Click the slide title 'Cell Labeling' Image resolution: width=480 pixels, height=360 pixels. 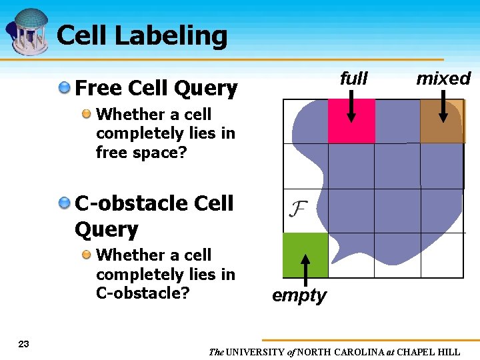(142, 36)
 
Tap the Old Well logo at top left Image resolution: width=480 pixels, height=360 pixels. (28, 32)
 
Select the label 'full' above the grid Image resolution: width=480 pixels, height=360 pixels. (353, 79)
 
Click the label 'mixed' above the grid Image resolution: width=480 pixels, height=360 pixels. (443, 79)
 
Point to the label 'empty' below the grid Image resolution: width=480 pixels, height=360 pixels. (299, 295)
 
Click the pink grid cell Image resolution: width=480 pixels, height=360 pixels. (351, 121)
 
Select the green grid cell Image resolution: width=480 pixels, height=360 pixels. (305, 255)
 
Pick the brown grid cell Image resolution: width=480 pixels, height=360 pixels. (442, 121)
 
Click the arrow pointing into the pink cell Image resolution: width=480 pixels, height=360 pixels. (351, 110)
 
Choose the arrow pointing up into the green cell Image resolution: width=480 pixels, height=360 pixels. (305, 270)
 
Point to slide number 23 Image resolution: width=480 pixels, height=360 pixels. (24, 344)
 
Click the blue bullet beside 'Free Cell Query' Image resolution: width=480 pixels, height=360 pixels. (65, 87)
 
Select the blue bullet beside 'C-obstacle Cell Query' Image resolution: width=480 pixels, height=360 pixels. (65, 202)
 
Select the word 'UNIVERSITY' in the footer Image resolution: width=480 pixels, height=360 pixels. (255, 352)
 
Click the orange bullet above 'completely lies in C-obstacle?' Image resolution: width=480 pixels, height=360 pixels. (87, 255)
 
